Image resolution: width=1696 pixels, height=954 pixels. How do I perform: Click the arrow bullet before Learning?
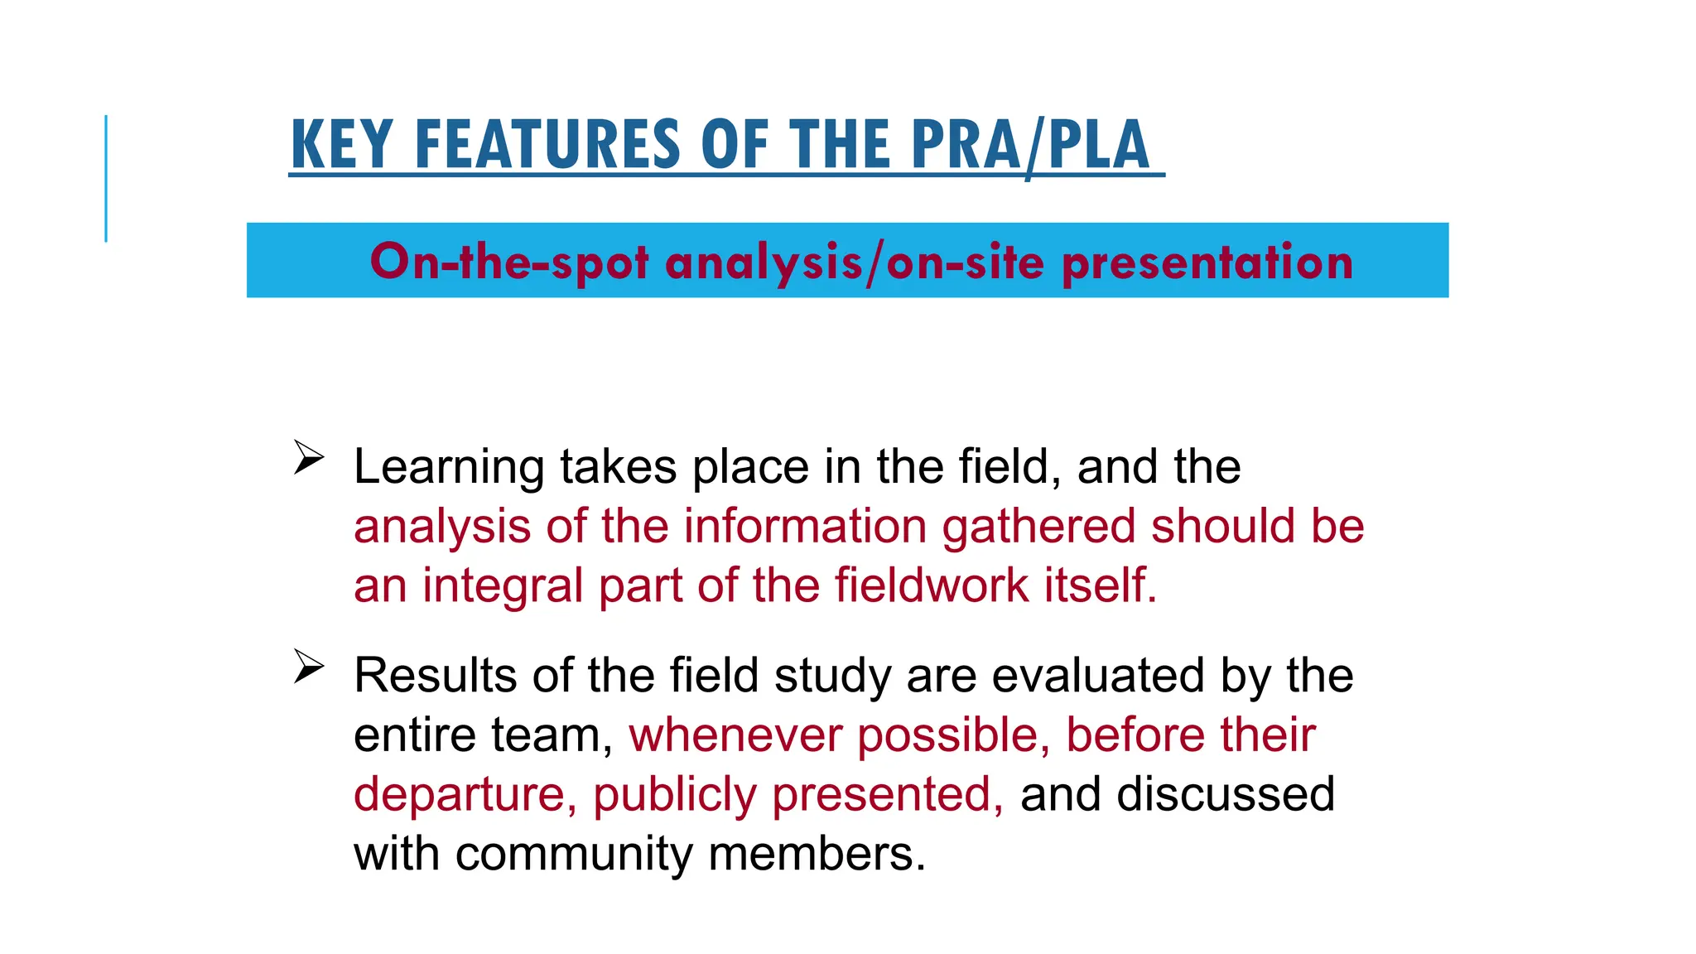coord(308,458)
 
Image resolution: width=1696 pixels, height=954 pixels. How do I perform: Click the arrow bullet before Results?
coord(308,667)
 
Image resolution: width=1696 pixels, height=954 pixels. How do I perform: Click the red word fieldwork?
coord(931,585)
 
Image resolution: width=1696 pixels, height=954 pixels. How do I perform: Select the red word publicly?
coord(674,795)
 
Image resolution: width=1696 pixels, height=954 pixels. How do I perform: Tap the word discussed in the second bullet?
coord(1225,795)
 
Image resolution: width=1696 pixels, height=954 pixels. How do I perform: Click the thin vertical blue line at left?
coord(106,178)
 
